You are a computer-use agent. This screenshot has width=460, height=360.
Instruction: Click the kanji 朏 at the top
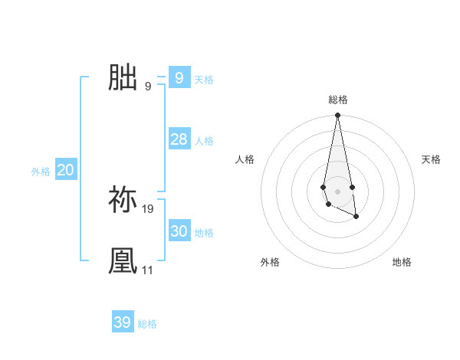(123, 77)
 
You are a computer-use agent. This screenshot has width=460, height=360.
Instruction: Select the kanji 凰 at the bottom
(123, 260)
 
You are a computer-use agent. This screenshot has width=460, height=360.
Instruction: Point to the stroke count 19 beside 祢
(148, 208)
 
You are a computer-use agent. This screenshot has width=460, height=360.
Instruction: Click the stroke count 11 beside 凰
(147, 270)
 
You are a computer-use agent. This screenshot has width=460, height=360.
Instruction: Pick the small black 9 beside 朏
(148, 87)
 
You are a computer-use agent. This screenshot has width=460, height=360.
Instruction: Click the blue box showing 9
(179, 77)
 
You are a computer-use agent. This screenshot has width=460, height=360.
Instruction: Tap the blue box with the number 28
(179, 139)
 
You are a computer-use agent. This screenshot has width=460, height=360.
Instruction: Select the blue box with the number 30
(179, 231)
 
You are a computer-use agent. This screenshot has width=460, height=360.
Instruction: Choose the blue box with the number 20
(65, 170)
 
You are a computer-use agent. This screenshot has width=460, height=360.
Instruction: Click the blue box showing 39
(122, 322)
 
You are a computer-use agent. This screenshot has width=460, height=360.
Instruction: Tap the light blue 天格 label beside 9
(204, 80)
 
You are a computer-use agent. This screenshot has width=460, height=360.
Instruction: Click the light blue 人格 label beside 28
(204, 141)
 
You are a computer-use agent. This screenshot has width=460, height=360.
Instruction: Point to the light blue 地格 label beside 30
(204, 233)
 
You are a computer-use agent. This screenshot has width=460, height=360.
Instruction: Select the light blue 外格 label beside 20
(41, 172)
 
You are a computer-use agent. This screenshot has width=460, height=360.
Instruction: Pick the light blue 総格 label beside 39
(147, 325)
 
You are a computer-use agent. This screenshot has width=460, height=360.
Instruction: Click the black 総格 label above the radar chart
(337, 100)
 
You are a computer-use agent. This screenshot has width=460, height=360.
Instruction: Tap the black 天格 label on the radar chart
(431, 159)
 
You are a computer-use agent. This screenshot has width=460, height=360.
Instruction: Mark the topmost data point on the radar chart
(337, 115)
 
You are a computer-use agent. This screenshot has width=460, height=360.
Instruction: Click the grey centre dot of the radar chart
(337, 190)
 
